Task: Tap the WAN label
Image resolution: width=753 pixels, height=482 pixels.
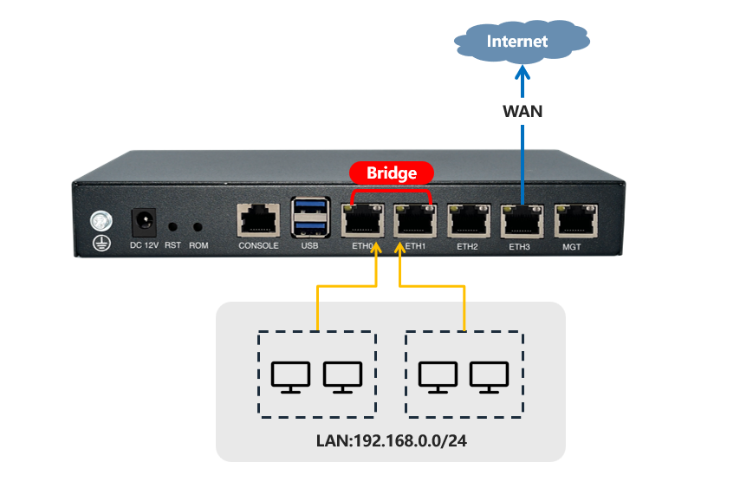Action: (x=522, y=111)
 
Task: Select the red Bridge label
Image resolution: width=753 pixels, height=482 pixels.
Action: (x=390, y=173)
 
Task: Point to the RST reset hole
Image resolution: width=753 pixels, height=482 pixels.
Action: (x=173, y=226)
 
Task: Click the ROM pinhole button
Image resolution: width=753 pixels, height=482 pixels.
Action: (x=198, y=226)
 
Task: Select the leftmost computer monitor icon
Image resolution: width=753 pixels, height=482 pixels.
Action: (x=290, y=376)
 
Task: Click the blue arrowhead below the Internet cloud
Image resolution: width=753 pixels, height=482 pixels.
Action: (x=522, y=75)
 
